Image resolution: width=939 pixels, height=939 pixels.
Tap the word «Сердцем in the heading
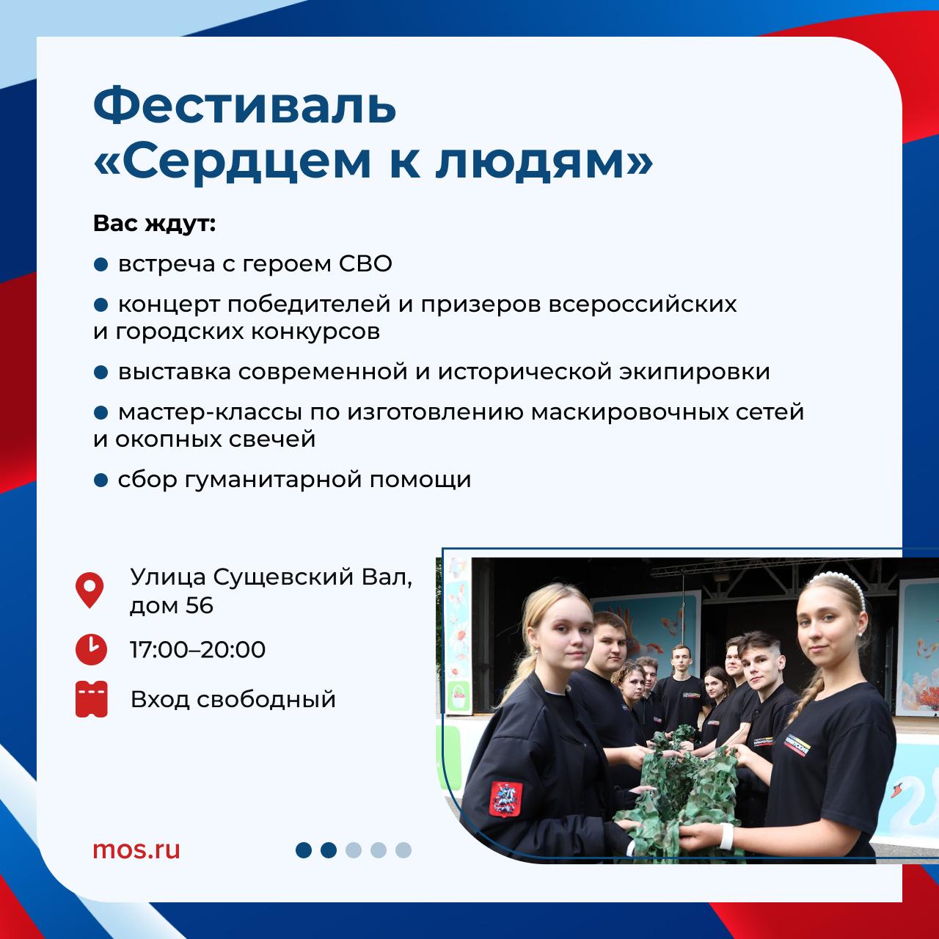click(x=232, y=162)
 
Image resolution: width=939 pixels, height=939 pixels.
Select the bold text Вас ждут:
click(x=154, y=224)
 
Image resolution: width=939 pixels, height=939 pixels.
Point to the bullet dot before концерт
click(x=101, y=305)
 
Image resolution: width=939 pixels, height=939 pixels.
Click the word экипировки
click(x=695, y=373)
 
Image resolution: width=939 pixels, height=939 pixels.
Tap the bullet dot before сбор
click(x=101, y=481)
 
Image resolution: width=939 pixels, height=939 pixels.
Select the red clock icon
click(x=91, y=649)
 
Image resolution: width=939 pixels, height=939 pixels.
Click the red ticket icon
click(x=92, y=699)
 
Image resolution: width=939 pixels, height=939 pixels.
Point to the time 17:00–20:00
click(x=198, y=649)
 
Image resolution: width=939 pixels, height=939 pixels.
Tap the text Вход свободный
click(x=233, y=700)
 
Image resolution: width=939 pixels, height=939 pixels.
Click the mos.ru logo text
click(x=136, y=850)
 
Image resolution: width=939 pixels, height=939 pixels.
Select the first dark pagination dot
click(x=304, y=850)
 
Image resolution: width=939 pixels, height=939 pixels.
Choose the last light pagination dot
click(x=403, y=850)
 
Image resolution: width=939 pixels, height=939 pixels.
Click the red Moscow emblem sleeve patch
click(x=505, y=799)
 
